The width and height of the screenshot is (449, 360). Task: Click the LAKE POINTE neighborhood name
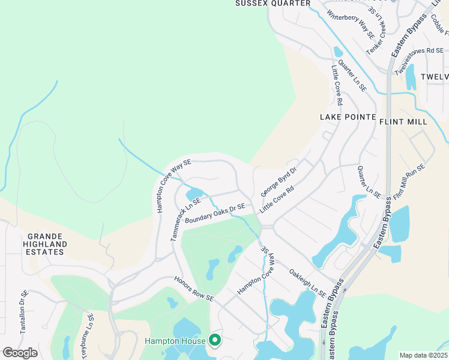348,117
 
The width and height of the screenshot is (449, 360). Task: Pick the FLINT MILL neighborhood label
403,122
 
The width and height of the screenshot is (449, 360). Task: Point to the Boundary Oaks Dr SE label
215,214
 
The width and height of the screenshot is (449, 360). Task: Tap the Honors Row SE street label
194,289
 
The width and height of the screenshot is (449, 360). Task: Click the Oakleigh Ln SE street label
307,283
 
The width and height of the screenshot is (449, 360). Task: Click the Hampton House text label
175,341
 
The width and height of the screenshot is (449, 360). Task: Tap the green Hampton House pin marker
215,340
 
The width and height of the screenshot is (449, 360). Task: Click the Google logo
20,353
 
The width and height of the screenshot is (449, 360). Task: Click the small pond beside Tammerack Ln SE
194,194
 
